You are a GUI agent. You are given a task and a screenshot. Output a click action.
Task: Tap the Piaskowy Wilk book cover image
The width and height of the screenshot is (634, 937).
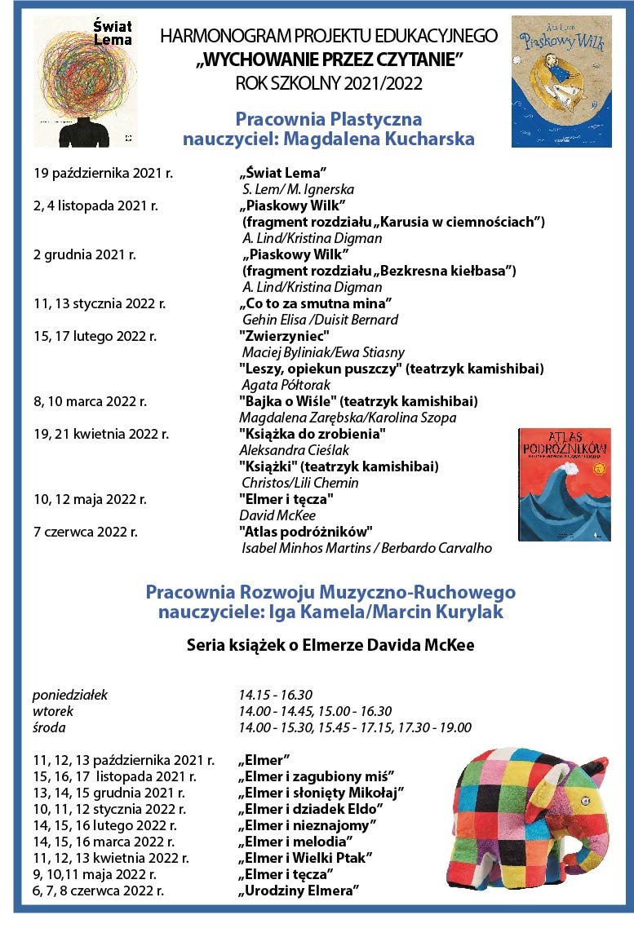coord(561,82)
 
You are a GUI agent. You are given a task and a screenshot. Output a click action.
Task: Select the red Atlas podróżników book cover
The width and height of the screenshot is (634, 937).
coord(564,484)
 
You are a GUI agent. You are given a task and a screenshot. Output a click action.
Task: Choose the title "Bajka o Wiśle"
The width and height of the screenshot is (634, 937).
coord(286,401)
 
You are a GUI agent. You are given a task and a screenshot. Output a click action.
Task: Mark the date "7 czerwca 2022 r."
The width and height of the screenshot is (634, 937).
coord(86,532)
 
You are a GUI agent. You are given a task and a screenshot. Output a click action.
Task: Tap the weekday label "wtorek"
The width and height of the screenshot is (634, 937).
coord(52,711)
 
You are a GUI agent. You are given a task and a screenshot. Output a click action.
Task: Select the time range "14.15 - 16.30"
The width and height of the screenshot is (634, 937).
coord(276,695)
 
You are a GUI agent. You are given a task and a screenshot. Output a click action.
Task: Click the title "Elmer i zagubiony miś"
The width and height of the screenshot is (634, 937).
coord(317,776)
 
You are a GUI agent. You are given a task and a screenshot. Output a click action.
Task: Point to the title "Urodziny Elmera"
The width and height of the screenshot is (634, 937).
coord(299,890)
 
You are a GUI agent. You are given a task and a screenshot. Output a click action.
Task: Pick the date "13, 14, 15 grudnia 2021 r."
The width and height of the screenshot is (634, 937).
coord(109,792)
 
